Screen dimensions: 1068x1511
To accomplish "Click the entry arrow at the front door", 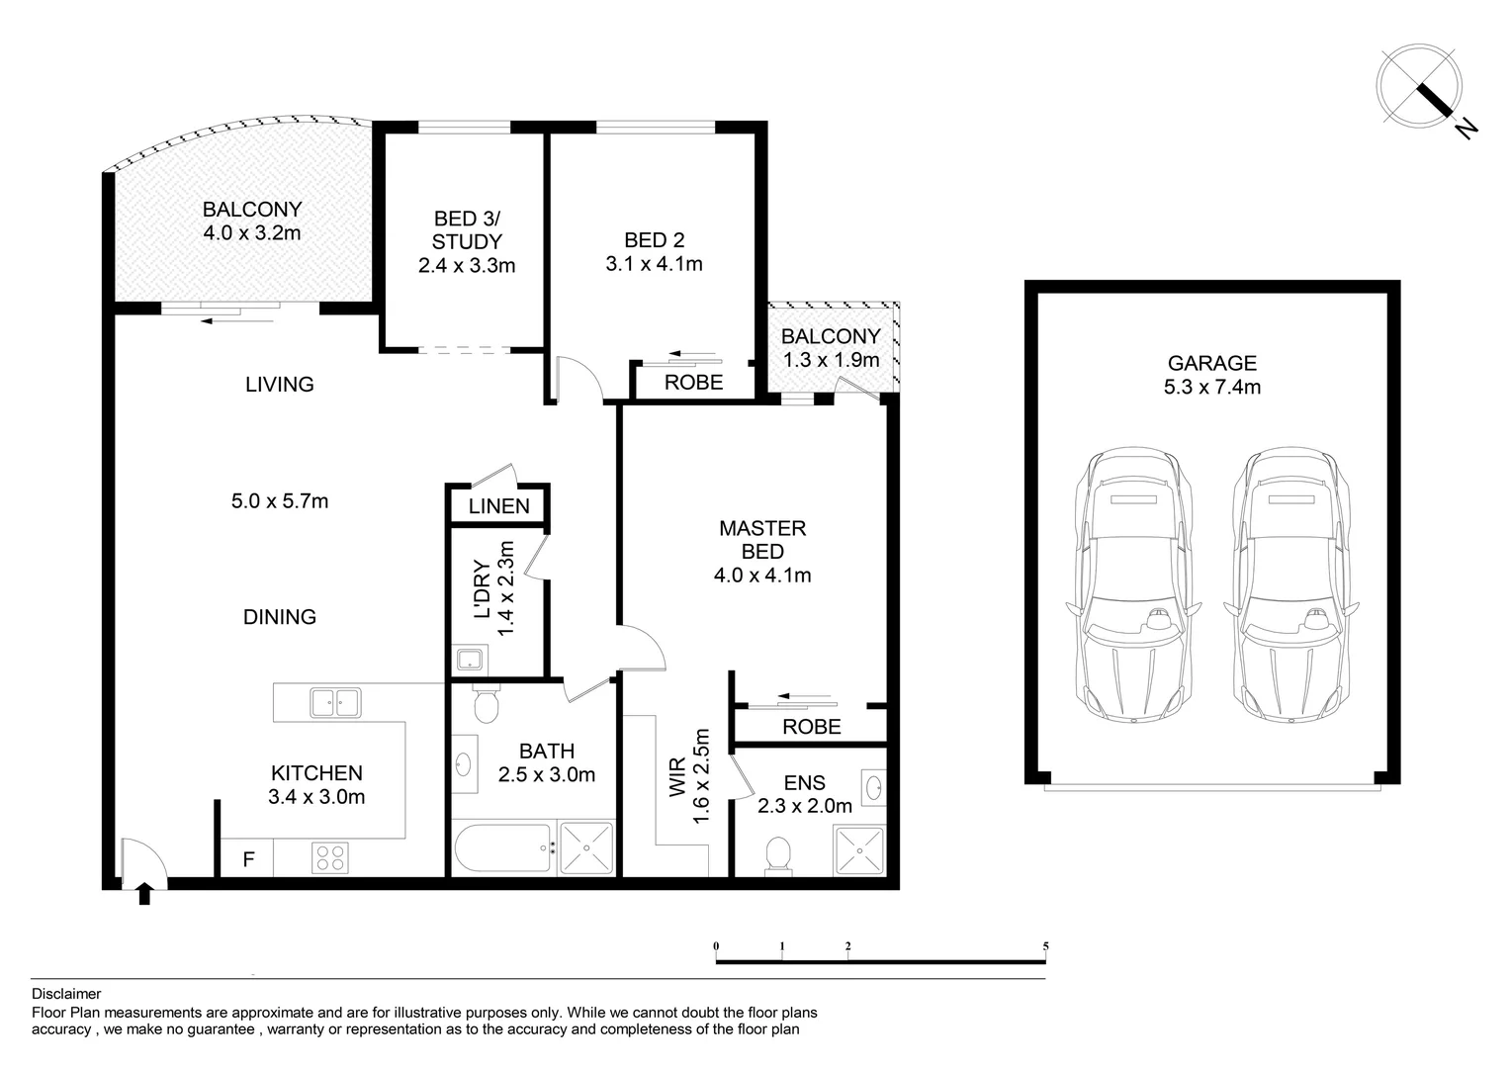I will coord(144,894).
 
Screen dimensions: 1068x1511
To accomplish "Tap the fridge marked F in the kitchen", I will coord(248,859).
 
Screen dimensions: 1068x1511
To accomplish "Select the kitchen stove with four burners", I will coord(329,856).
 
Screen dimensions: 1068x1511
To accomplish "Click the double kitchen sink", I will coord(335,702).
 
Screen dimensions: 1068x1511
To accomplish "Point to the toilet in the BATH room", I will coord(486,704).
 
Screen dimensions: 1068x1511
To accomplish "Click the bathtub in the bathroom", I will coord(502,849).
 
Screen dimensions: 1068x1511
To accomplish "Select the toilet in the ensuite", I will coord(778,855).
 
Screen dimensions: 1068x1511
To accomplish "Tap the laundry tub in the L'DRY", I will coord(468,660).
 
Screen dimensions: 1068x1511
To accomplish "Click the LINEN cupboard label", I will coord(498,506).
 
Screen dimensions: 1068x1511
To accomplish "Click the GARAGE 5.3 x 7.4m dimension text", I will coord(1211,387).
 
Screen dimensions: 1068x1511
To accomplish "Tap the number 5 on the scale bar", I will coord(1045,946).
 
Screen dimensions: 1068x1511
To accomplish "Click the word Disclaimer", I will coord(66,994).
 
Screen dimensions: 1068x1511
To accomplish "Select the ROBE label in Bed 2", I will coord(693,382).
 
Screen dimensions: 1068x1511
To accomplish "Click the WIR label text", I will coord(677,778).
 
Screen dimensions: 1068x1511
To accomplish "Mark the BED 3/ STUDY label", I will coord(467,241).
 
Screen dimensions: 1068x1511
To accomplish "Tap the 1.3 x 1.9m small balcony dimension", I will coord(831,360).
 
